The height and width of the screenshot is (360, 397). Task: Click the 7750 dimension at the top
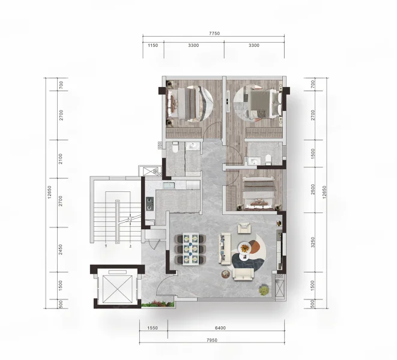pyautogui.click(x=214, y=33)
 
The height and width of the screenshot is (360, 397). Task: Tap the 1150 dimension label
pyautogui.click(x=153, y=45)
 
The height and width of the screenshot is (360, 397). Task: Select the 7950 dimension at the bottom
pyautogui.click(x=211, y=340)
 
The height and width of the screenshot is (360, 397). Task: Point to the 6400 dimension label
pyautogui.click(x=220, y=328)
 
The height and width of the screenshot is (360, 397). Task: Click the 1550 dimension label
pyautogui.click(x=153, y=328)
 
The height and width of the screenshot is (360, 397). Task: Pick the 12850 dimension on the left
pyautogui.click(x=49, y=192)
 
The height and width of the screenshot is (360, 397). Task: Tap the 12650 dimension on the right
pyautogui.click(x=324, y=192)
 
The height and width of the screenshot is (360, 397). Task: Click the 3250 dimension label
pyautogui.click(x=313, y=242)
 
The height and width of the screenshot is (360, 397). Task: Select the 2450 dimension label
pyautogui.click(x=60, y=250)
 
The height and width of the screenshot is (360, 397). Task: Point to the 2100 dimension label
pyautogui.click(x=60, y=159)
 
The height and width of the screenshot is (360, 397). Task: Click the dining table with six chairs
pyautogui.click(x=190, y=248)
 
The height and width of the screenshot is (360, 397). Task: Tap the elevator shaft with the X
pyautogui.click(x=118, y=289)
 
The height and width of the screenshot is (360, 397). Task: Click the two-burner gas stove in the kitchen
pyautogui.click(x=150, y=204)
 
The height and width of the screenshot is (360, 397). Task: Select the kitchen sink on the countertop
pyautogui.click(x=169, y=185)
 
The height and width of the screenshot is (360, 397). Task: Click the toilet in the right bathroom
pyautogui.click(x=268, y=160)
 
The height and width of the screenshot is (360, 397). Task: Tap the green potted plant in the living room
pyautogui.click(x=264, y=289)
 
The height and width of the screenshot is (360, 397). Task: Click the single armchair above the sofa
pyautogui.click(x=244, y=227)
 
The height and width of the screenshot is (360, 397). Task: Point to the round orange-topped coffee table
pyautogui.click(x=244, y=247)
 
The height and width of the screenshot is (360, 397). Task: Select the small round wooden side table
pyautogui.click(x=225, y=274)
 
